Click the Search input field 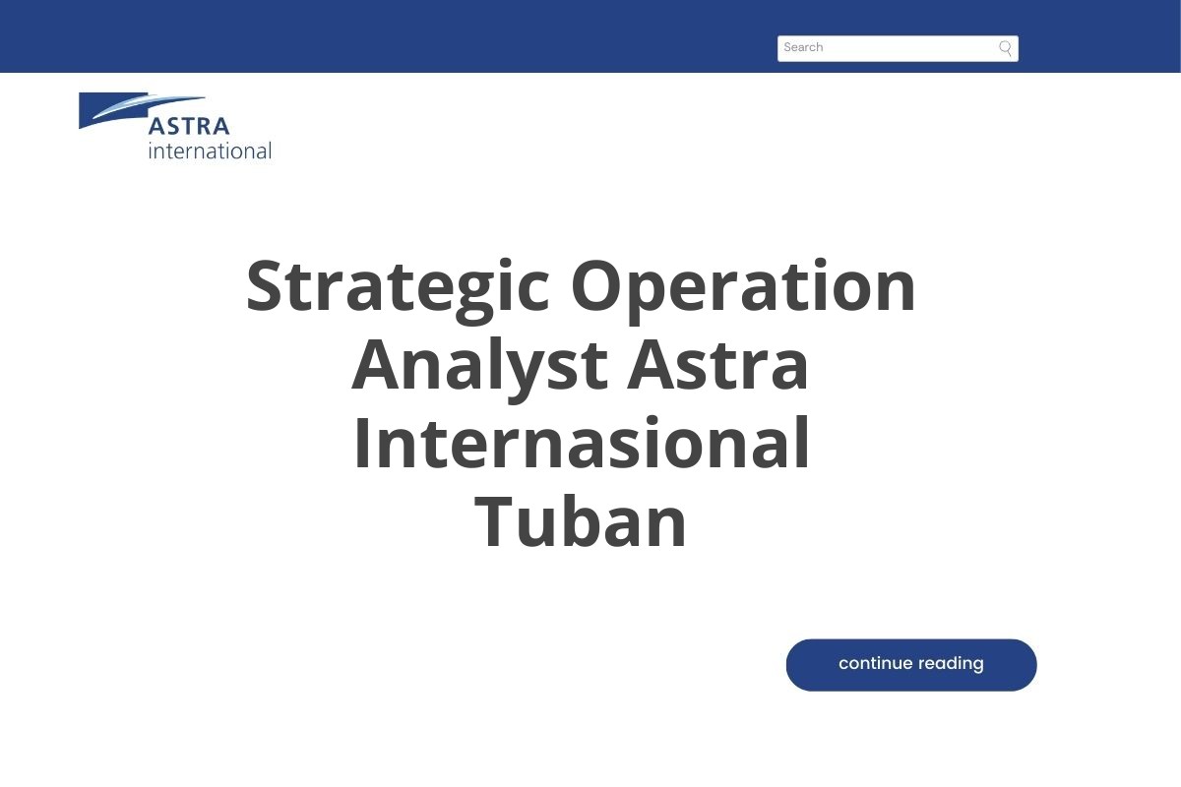(886, 48)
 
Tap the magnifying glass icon (1005, 48)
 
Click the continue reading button (910, 665)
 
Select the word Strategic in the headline (398, 287)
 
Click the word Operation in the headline (743, 287)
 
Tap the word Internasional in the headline (581, 445)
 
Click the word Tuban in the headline (581, 523)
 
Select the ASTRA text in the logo (189, 127)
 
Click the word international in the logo (210, 151)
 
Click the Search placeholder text (803, 47)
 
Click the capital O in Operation (596, 287)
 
